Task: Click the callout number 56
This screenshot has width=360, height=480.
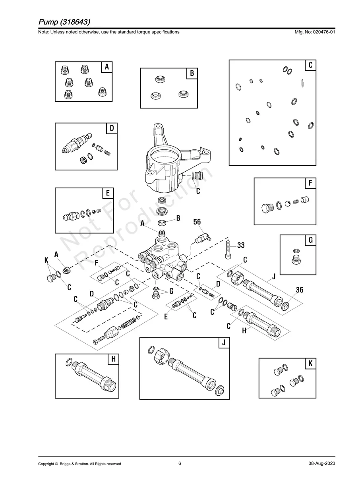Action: coord(197,222)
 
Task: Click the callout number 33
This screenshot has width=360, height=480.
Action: coord(241,246)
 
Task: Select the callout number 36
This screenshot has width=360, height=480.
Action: coord(300,290)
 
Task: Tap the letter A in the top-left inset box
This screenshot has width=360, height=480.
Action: coord(106,67)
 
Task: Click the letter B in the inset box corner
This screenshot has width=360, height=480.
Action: coord(192,74)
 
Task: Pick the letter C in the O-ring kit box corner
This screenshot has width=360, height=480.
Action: coord(310,65)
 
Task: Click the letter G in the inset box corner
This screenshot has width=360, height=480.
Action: coord(310,240)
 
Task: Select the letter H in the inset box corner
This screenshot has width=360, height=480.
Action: coord(113,359)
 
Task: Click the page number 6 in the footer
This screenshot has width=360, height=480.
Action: coord(180,463)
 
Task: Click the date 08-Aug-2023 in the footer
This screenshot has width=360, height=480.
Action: coord(321,464)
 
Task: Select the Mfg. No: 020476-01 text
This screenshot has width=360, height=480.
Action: coord(314,32)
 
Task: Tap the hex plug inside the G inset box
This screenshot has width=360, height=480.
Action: coord(296,260)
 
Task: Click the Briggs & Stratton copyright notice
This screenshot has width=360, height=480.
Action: coord(79,464)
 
